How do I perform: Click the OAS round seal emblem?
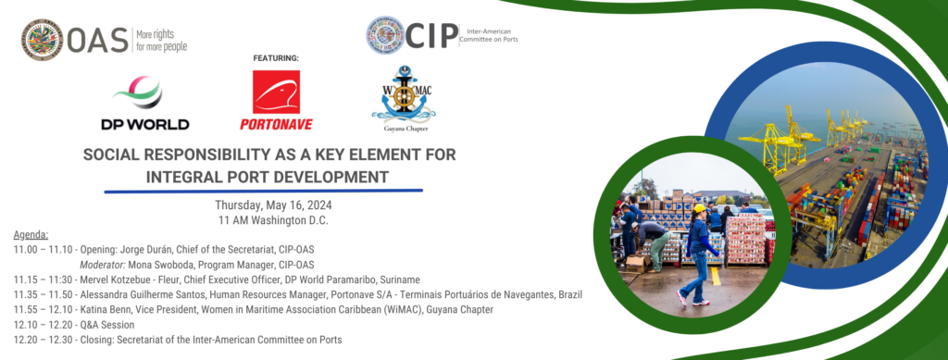[42, 38]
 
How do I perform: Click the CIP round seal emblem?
[384, 35]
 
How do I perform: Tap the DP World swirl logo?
[143, 93]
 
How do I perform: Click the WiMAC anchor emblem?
[403, 95]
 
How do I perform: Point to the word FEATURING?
[276, 57]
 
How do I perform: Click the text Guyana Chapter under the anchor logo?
[404, 131]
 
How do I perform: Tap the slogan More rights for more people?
[161, 39]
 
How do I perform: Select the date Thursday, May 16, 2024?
[273, 205]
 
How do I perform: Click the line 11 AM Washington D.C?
[273, 220]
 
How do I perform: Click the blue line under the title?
[263, 192]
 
